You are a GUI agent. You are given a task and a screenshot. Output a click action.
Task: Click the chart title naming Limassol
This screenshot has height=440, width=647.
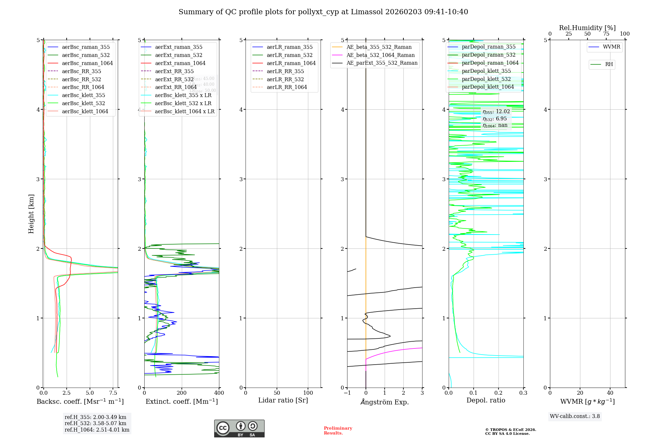point(323,12)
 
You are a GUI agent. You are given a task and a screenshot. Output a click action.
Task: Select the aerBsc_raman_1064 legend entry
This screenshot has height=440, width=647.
point(87,63)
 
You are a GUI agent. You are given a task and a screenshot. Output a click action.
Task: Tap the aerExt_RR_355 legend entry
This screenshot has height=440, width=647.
point(174,71)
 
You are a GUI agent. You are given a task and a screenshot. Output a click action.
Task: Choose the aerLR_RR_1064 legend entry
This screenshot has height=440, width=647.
point(287,87)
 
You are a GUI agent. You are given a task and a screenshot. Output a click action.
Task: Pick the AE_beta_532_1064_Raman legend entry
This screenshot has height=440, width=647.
point(380,55)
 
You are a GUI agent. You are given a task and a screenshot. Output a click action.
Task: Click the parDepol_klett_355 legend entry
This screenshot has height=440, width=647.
point(486,71)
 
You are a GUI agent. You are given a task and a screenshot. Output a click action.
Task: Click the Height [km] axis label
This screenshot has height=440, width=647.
point(31,214)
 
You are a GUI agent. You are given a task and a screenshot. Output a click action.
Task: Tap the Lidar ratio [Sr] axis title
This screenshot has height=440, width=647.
point(283,400)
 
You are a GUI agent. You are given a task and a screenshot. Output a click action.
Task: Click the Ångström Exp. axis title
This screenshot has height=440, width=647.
point(385,402)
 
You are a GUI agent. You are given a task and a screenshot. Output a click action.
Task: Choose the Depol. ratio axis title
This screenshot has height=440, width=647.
point(486,400)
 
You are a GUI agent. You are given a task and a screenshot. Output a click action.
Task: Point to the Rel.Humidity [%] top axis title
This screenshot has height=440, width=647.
point(587,28)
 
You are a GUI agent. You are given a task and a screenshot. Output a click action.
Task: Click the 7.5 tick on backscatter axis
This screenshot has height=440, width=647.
point(113,393)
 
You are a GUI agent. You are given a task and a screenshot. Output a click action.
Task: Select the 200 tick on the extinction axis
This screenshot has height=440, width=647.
point(182,393)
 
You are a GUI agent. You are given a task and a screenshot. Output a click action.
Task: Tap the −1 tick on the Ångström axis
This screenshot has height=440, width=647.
point(347,393)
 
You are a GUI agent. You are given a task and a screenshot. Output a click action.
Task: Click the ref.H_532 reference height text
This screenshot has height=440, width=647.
point(95,423)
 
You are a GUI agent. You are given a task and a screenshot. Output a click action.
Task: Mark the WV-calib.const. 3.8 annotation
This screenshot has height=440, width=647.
point(575,416)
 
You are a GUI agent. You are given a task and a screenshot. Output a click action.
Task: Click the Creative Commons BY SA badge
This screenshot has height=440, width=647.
point(239,428)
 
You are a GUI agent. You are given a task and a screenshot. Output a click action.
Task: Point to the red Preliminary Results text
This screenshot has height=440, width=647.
point(338,430)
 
